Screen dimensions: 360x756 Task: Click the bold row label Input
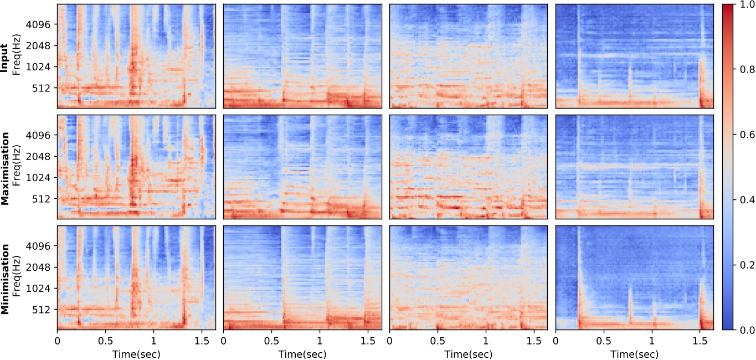[5, 56]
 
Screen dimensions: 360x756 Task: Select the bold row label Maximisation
[5, 167]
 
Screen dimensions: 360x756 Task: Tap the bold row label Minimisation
[5, 277]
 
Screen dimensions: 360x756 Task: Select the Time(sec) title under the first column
[136, 353]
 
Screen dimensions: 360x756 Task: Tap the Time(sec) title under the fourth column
[635, 353]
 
